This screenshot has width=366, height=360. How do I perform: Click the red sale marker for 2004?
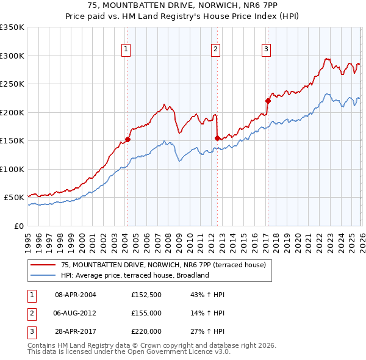pos(127,139)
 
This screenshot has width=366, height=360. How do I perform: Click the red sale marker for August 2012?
pos(217,138)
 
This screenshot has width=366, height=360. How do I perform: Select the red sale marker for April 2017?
pos(267,101)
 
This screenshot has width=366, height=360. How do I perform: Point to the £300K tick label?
pos(12,56)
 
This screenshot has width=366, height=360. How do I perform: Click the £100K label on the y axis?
pos(12,169)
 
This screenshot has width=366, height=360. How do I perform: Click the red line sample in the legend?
pos(43,265)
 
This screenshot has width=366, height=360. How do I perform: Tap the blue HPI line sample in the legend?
pos(43,275)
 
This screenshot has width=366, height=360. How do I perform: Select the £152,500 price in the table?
pos(146,295)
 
